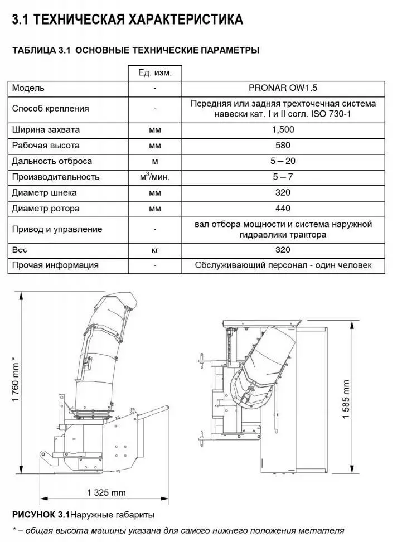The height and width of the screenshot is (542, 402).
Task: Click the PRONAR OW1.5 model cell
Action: [283, 88]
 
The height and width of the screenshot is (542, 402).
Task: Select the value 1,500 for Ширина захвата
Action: [283, 129]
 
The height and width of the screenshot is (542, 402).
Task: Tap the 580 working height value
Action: [283, 145]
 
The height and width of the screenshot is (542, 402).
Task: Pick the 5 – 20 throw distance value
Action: [283, 161]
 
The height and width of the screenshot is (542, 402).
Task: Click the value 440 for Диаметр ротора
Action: [283, 208]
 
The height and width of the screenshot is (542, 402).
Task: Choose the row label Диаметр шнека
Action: [45, 192]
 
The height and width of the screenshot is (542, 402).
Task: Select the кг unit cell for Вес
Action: [154, 250]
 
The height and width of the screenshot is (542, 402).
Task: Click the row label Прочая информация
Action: [55, 265]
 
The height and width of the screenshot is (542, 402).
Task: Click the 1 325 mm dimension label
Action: [106, 492]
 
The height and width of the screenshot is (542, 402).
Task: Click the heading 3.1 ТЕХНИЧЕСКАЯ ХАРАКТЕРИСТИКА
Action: [128, 20]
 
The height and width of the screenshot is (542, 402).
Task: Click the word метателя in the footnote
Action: [325, 530]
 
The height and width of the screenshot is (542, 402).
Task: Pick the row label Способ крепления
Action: [50, 108]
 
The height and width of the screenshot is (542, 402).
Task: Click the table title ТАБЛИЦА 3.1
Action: [41, 50]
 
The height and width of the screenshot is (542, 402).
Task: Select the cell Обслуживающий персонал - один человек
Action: [283, 265]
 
